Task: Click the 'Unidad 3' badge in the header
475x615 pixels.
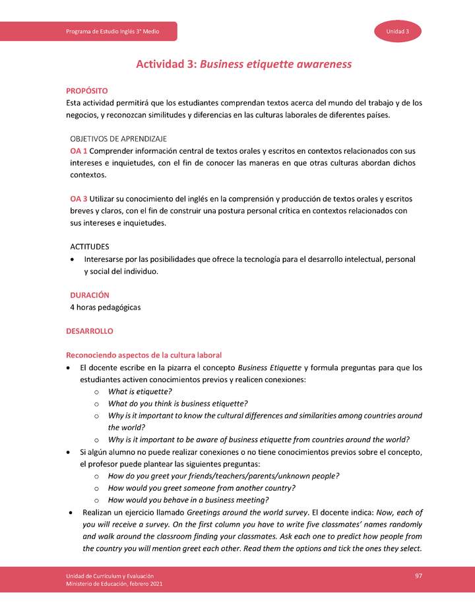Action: tap(398, 32)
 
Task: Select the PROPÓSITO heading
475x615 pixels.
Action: tap(86, 90)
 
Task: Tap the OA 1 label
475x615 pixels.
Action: tap(79, 151)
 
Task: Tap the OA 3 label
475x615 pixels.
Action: tap(79, 199)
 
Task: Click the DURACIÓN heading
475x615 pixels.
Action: tap(90, 295)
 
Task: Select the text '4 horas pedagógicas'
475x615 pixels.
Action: tap(105, 307)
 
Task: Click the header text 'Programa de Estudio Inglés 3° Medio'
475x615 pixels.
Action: tap(116, 32)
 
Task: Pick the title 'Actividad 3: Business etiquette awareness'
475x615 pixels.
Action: tap(243, 64)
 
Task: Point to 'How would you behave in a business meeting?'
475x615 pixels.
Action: tap(188, 500)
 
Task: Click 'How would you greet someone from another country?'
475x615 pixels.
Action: tap(201, 488)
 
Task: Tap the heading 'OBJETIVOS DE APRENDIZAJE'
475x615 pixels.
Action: tap(118, 139)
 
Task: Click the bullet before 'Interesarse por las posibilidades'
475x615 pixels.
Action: tap(72, 259)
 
